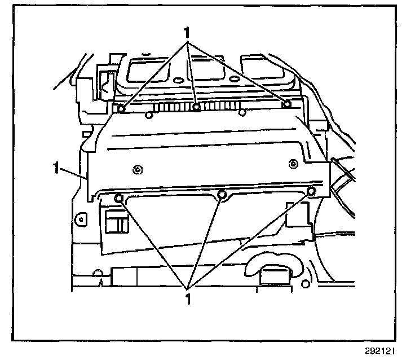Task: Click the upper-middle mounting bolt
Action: coord(196,107)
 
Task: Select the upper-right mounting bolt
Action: coord(286,103)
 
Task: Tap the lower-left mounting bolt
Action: coord(119,197)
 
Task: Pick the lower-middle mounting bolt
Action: coord(222,195)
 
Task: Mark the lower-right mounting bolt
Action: coord(311,192)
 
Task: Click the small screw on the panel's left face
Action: coord(136,169)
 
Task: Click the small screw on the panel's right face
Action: coord(292,164)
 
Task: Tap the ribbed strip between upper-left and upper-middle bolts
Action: coord(158,107)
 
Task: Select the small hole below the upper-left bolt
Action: coord(148,116)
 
